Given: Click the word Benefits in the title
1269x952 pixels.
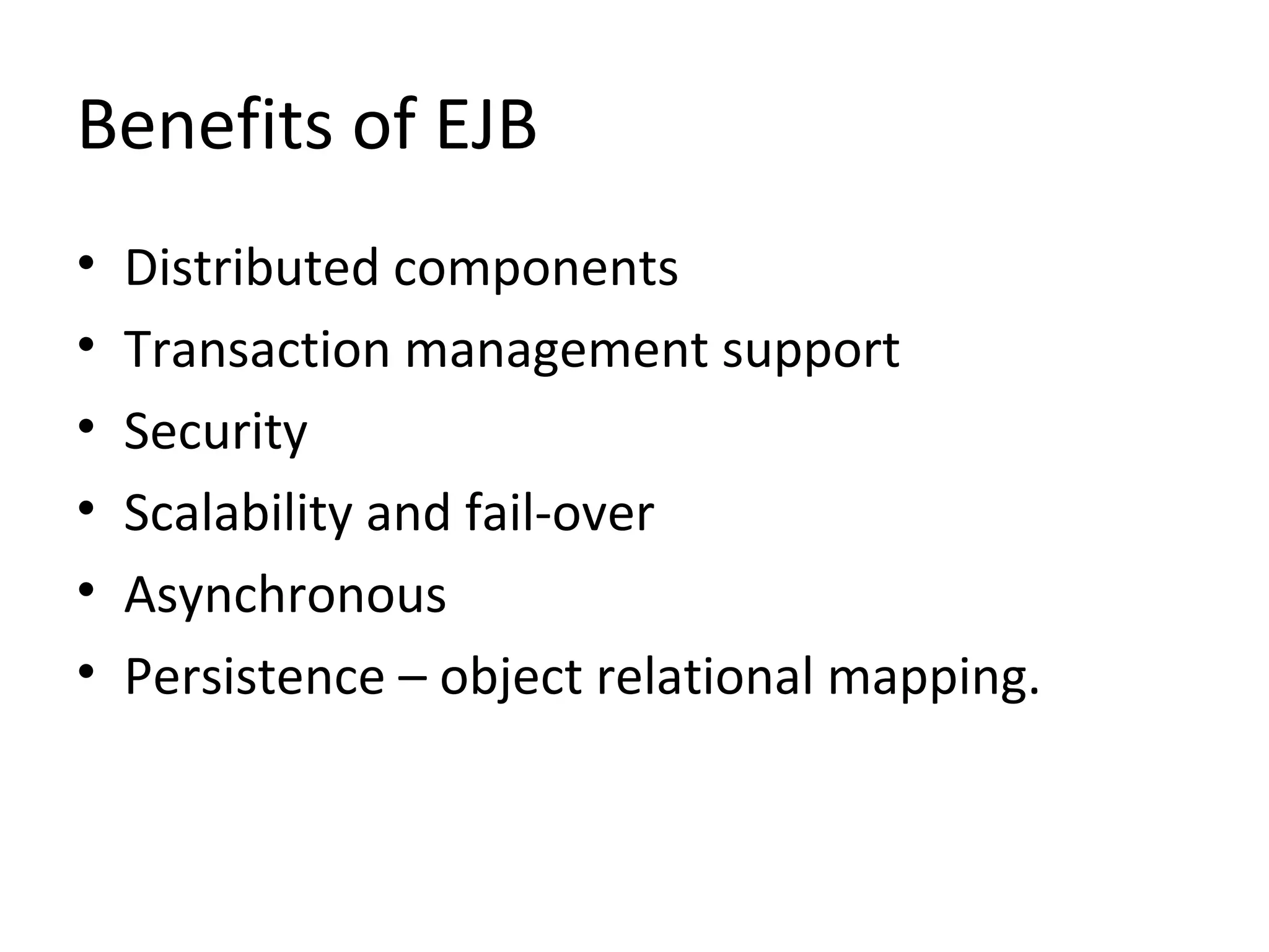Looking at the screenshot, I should pyautogui.click(x=204, y=125).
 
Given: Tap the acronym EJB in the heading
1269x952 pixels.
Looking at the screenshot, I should pyautogui.click(x=486, y=125).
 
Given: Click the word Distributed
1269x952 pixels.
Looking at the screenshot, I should pyautogui.click(x=251, y=268).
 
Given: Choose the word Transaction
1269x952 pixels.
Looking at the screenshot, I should pyautogui.click(x=257, y=350).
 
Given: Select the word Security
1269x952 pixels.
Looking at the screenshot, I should pyautogui.click(x=215, y=432).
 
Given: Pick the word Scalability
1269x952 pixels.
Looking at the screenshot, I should pyautogui.click(x=237, y=514).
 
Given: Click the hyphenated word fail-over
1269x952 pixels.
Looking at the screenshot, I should pyautogui.click(x=559, y=513).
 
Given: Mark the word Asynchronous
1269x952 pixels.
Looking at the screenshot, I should pyautogui.click(x=285, y=595).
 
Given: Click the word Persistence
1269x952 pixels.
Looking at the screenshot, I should pyautogui.click(x=254, y=677).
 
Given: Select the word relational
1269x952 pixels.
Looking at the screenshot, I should pyautogui.click(x=705, y=677).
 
